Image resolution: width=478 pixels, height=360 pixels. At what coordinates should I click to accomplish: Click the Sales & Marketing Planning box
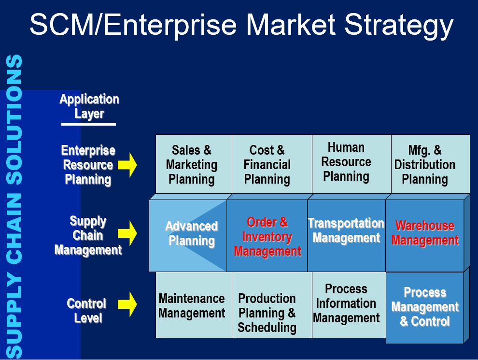pos(194,164)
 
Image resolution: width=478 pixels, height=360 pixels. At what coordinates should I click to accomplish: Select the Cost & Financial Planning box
pos(272,164)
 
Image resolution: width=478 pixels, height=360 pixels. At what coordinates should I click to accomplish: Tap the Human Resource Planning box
pos(351,164)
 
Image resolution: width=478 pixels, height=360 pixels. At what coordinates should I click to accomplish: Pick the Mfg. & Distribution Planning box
pos(431,164)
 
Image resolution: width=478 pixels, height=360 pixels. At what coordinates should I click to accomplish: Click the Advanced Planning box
pos(188,235)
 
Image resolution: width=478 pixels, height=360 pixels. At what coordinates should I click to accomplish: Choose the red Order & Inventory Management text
pos(267,237)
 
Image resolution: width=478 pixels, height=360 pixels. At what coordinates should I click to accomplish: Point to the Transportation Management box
pos(347,235)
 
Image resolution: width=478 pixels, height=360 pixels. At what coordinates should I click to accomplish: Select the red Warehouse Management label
pos(425,233)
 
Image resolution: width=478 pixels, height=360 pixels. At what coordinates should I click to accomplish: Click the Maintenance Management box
pos(194,305)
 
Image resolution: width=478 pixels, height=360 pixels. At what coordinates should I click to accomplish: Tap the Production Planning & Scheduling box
pos(272,305)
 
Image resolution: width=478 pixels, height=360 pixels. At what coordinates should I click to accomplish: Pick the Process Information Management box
pos(349,305)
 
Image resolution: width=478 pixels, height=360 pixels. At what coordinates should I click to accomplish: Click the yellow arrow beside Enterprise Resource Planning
pos(127,165)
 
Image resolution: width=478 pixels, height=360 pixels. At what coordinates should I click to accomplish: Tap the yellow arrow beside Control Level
pos(127,304)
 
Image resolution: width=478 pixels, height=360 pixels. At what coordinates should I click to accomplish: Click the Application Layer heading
pos(89,106)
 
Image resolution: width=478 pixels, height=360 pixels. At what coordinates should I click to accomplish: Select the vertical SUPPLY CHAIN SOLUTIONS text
pos(14,206)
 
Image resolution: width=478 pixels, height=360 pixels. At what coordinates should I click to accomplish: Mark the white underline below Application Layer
pos(88,124)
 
